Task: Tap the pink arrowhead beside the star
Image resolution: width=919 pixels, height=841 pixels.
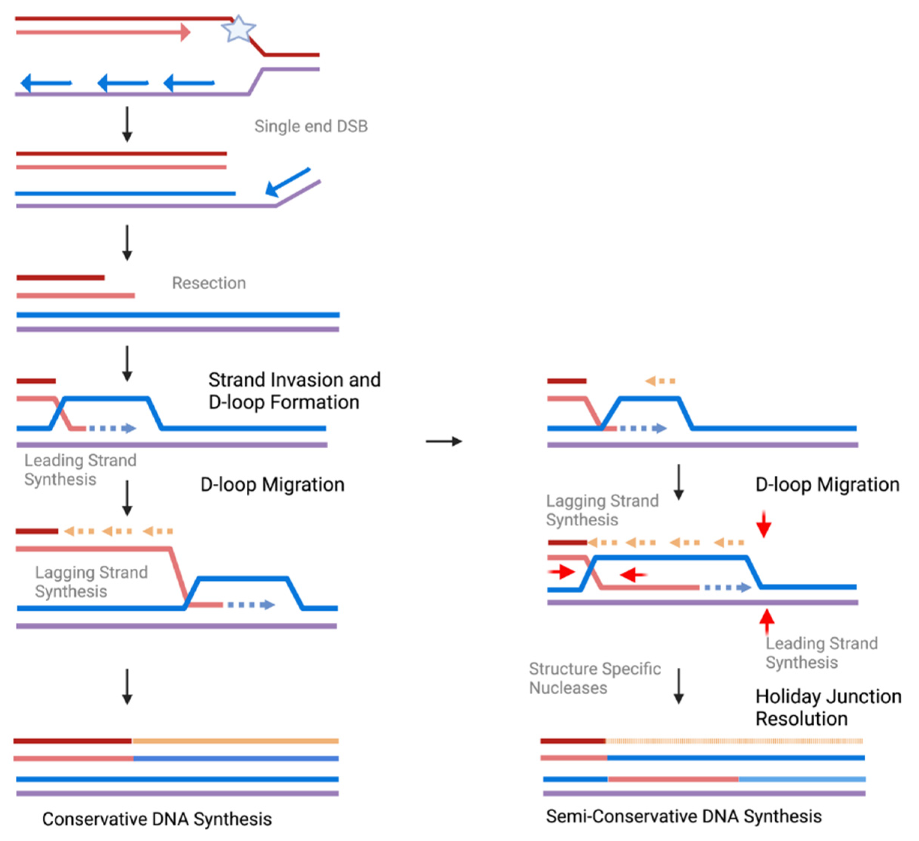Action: pos(185,32)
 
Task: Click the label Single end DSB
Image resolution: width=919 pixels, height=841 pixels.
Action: pos(311,126)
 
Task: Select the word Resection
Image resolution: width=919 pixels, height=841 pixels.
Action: pos(209,283)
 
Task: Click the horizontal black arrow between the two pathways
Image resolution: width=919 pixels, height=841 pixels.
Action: pos(443,441)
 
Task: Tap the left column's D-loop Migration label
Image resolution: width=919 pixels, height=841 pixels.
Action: pos(272,485)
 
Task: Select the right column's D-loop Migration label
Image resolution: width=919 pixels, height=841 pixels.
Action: pos(827,485)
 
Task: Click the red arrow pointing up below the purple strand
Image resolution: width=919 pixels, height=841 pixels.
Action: pos(767,621)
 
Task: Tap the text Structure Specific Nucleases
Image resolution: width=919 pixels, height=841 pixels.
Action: pos(595,678)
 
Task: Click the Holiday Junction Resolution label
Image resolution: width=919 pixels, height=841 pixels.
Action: pos(828,707)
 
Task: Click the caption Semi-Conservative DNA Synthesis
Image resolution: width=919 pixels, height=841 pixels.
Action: pos(683,816)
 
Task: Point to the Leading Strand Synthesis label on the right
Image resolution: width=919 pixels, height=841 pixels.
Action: pos(821,653)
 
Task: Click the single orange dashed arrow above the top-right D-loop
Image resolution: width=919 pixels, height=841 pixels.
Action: pos(660,381)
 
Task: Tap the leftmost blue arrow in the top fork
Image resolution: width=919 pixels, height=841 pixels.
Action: pos(46,83)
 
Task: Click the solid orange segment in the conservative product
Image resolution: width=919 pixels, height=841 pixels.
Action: pos(235,741)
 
